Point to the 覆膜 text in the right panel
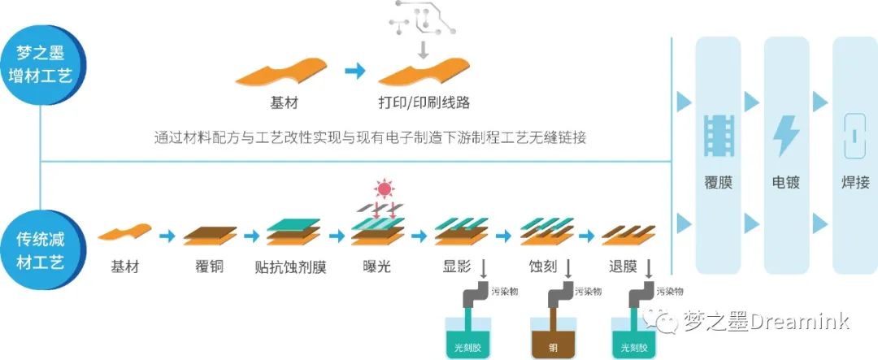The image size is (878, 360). coord(719,183)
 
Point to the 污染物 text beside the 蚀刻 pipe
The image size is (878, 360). coord(588,291)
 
